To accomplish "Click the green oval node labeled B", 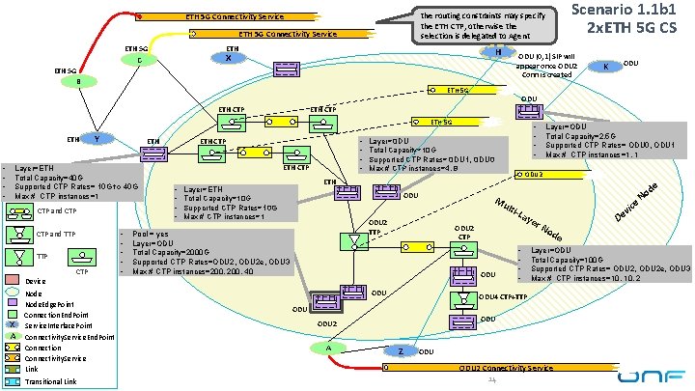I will point(79,81).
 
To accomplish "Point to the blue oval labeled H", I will point(497,51).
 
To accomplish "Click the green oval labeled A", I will point(329,321).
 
